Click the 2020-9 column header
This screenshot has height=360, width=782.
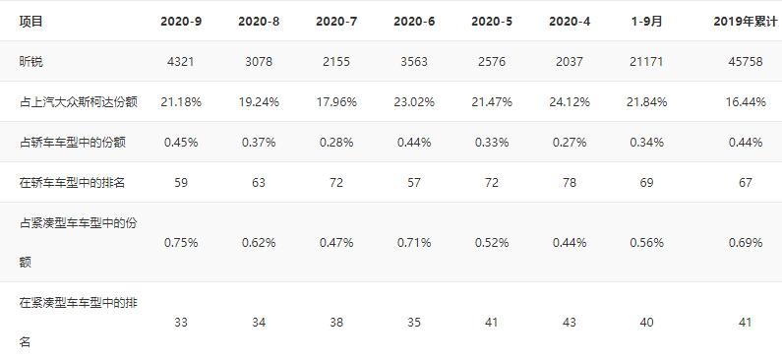(x=181, y=21)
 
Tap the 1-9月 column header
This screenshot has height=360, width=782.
(x=647, y=21)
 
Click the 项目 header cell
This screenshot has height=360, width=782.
(x=31, y=21)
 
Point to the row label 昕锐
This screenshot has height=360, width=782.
(x=31, y=61)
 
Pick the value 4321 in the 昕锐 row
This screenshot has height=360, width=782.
(x=181, y=61)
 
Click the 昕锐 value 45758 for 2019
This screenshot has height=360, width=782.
(x=745, y=61)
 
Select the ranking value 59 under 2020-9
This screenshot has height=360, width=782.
(x=181, y=182)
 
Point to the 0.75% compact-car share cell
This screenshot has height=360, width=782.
(x=181, y=242)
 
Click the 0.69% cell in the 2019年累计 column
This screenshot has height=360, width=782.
(x=745, y=242)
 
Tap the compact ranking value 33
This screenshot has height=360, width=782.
(x=181, y=322)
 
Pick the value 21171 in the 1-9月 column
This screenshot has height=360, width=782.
(x=647, y=61)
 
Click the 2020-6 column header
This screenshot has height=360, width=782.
(x=414, y=21)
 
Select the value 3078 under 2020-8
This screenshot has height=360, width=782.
(x=259, y=61)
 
